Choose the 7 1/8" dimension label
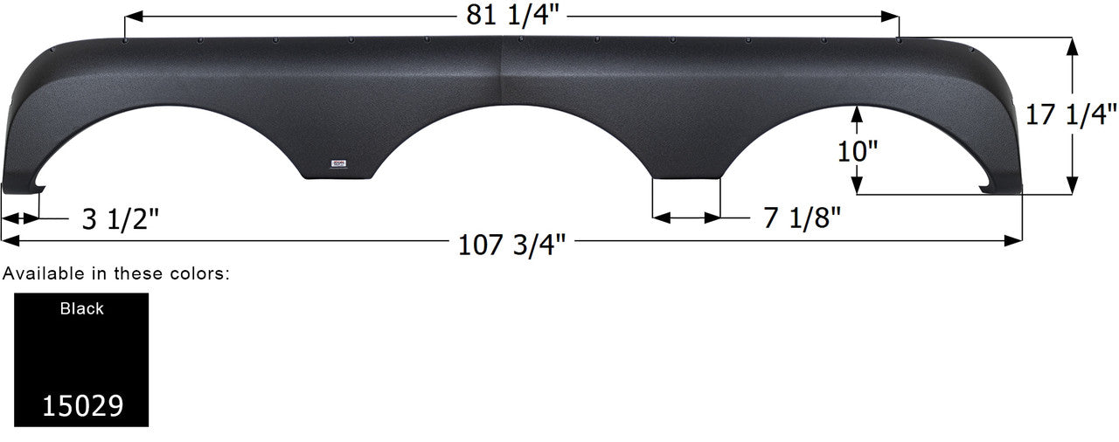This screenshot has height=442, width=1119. pos(802,218)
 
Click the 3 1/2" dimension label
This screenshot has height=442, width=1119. pos(120,218)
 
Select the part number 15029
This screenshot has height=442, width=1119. pos(82,405)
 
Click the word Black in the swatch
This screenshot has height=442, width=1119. pos(82,308)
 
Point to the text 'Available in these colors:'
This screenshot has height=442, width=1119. pos(116,273)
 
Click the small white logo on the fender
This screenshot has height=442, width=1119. pos(340,162)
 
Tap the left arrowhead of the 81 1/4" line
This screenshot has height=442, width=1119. pos(132,17)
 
